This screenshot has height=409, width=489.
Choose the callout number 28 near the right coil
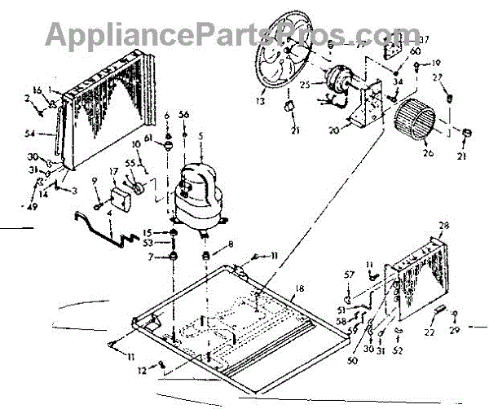pyautogui.click(x=443, y=225)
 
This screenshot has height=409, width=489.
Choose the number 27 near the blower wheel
pyautogui.click(x=438, y=77)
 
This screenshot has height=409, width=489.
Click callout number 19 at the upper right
pyautogui.click(x=436, y=63)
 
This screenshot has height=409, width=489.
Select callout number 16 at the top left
pyautogui.click(x=36, y=89)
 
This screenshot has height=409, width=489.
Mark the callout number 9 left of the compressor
pyautogui.click(x=95, y=181)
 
